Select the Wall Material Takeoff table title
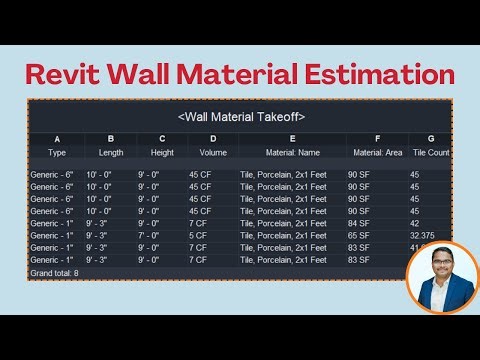click(241, 117)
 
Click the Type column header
click(57, 152)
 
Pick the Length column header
click(111, 152)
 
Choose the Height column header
click(161, 152)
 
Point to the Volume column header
click(213, 152)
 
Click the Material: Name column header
click(292, 152)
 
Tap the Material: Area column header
click(377, 152)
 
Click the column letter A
click(57, 139)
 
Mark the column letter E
click(292, 139)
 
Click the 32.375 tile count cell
click(423, 235)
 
